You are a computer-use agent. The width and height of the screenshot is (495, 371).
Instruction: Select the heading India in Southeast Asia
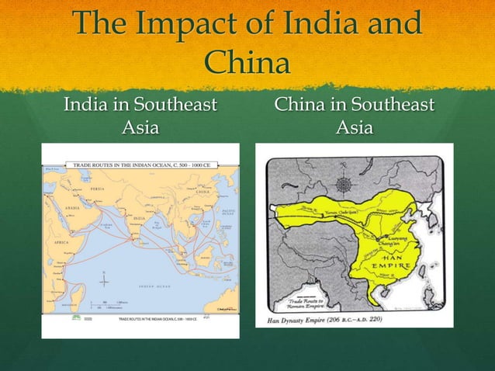click(140, 114)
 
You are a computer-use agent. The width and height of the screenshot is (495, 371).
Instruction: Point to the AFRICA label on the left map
click(59, 241)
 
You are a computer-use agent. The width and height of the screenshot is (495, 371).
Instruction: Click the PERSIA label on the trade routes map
click(95, 189)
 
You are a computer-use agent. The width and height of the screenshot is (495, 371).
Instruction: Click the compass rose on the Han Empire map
click(344, 185)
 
